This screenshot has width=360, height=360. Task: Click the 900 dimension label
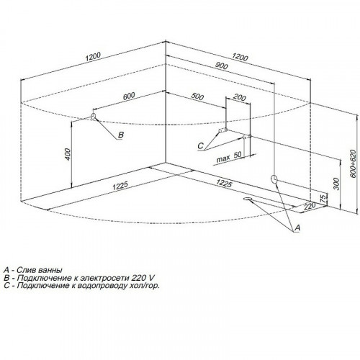pos(221,66)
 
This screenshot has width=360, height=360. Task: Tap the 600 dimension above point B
pos(129,96)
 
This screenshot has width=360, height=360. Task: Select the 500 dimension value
pos(197,96)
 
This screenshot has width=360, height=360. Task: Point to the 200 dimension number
pos(240,98)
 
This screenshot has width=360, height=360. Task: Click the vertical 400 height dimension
pos(68,154)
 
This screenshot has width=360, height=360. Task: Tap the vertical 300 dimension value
pos(337,184)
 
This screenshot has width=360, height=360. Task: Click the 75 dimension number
pos(324,199)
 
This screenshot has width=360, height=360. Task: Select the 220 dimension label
pos(309,206)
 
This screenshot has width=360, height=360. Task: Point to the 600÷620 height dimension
pos(353,163)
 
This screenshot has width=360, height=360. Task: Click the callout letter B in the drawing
pos(121,135)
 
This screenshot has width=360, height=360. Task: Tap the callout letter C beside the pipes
pos(200,145)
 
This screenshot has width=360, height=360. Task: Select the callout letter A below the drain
pos(297,228)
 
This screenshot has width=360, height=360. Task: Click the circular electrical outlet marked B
pos(93,116)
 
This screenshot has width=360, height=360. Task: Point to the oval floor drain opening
pos(247,199)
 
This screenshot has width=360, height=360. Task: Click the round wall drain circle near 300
pos(274,179)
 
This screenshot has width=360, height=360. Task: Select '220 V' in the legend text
pos(143,278)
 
